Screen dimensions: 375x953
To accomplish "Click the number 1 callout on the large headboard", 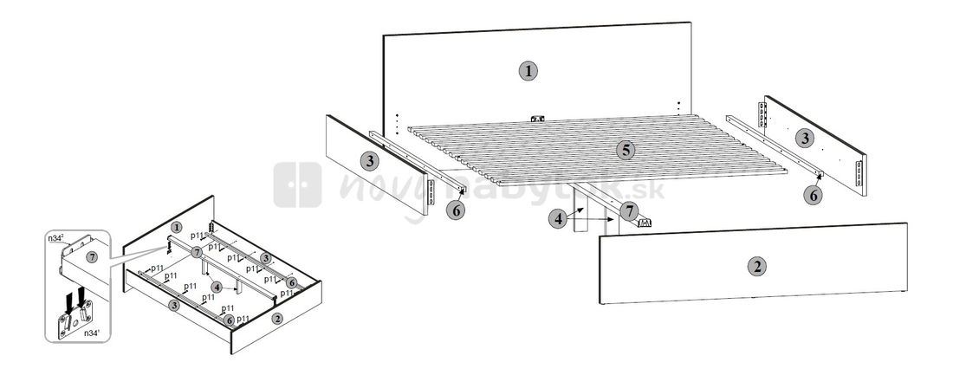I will (528, 71).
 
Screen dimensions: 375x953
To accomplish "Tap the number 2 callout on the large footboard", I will (757, 267).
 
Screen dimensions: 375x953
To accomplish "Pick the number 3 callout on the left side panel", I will (369, 160).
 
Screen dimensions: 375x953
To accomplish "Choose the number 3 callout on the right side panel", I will (806, 137).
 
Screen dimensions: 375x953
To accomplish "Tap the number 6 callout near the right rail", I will (813, 196).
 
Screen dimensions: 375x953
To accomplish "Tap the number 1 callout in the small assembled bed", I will (176, 227).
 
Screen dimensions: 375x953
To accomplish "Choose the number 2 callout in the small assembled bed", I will (277, 318).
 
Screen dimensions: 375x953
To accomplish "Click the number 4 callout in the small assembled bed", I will (216, 286).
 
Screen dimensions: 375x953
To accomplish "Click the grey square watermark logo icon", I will (298, 184).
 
